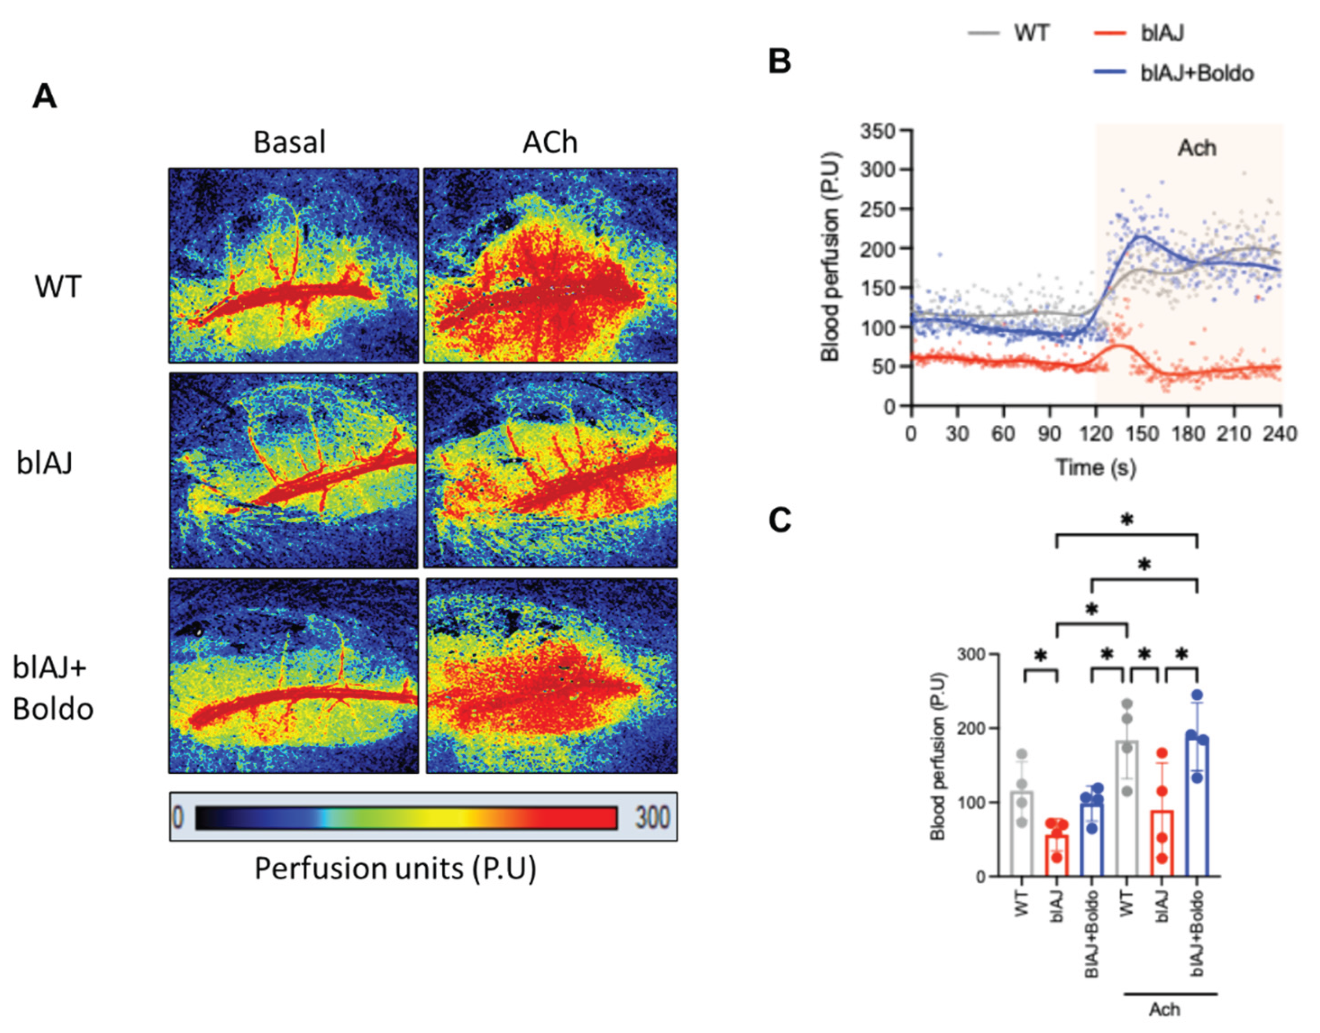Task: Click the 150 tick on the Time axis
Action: click(x=1141, y=434)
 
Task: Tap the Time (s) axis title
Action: click(x=1095, y=468)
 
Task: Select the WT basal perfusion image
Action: click(x=293, y=266)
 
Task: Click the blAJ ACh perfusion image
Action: click(x=550, y=470)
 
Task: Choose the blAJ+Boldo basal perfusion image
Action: click(x=293, y=675)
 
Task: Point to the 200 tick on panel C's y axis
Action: click(x=972, y=728)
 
